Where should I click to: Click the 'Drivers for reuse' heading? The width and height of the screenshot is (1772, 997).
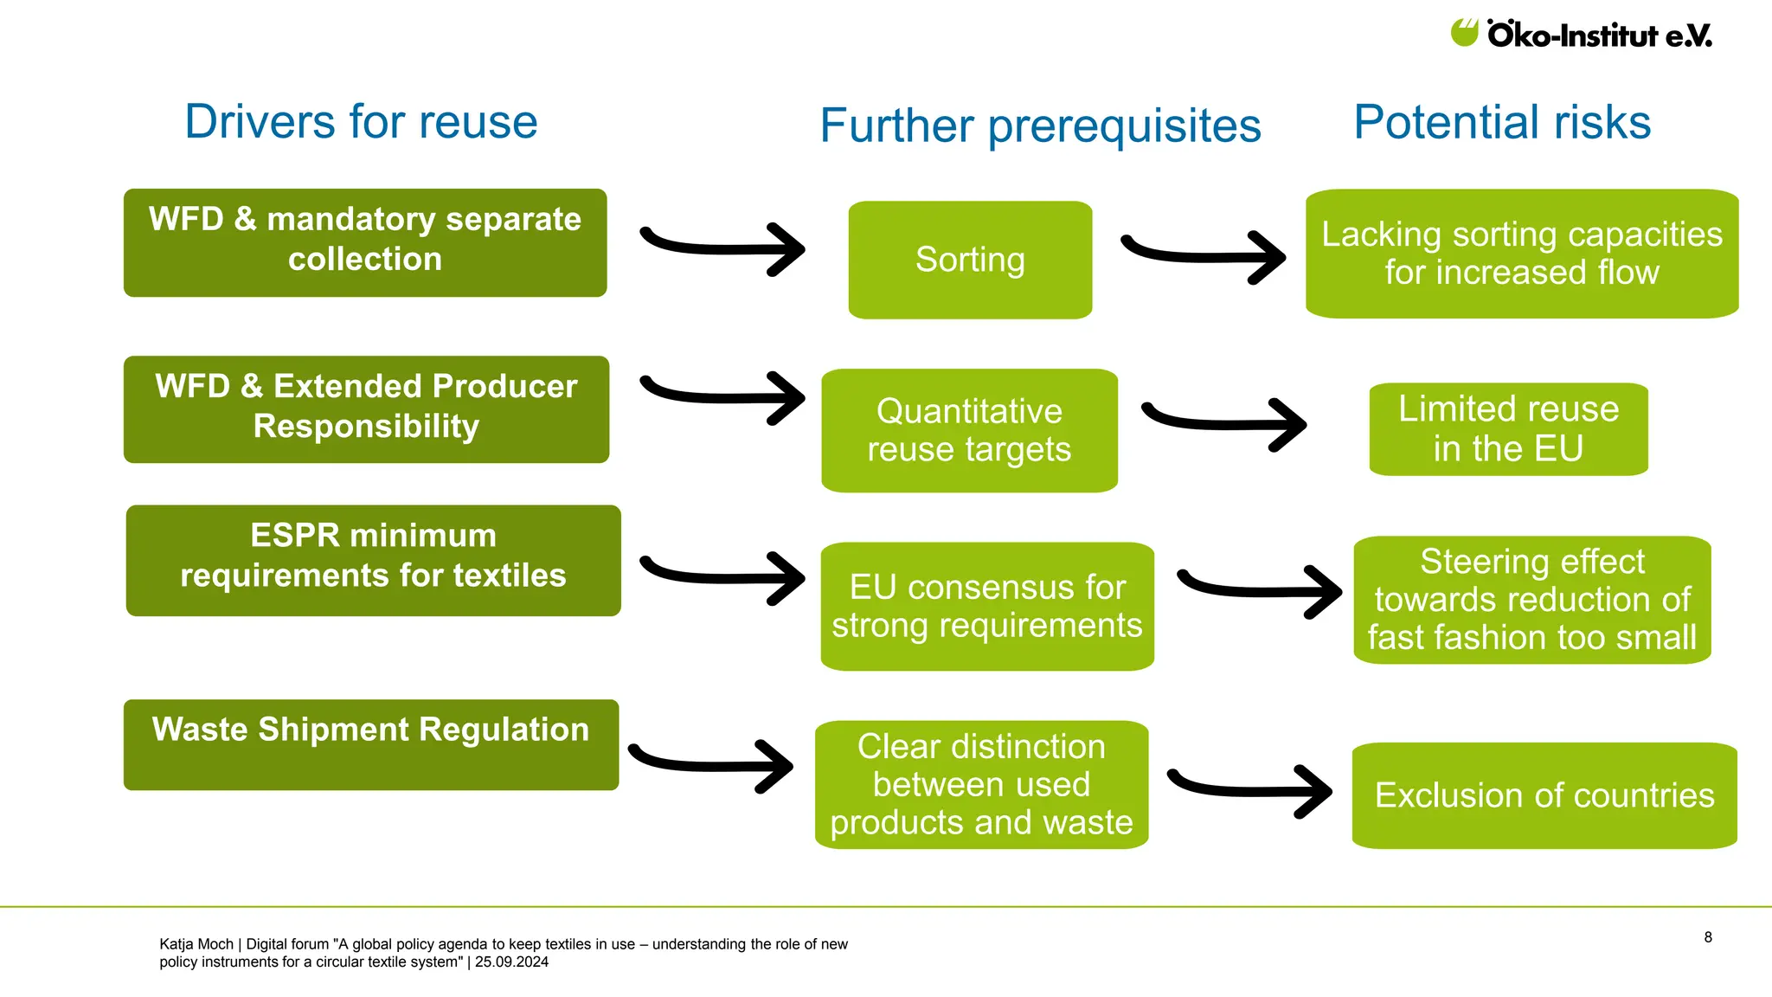361,121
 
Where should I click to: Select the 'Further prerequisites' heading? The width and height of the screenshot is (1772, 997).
1040,126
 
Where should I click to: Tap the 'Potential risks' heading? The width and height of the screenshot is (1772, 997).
1502,122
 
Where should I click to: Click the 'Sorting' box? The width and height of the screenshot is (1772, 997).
970,260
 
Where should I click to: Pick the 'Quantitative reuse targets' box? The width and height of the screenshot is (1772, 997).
969,430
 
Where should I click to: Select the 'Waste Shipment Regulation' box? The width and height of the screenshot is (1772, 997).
370,744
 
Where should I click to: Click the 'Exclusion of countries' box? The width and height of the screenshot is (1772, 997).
1544,795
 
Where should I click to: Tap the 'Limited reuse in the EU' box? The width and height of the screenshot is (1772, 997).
1508,429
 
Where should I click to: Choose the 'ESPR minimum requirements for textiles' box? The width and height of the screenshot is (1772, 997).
373,560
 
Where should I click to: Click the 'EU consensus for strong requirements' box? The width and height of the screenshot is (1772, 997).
987,606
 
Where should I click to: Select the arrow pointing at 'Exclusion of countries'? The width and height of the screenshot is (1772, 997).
1250,789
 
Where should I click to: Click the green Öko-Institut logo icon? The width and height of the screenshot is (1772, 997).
1464,33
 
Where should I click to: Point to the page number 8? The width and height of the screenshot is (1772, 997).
1708,937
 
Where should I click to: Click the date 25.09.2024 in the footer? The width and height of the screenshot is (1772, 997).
511,962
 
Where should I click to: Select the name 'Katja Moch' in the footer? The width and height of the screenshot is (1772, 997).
196,944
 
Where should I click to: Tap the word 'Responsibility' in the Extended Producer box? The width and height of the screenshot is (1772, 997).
366,426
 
